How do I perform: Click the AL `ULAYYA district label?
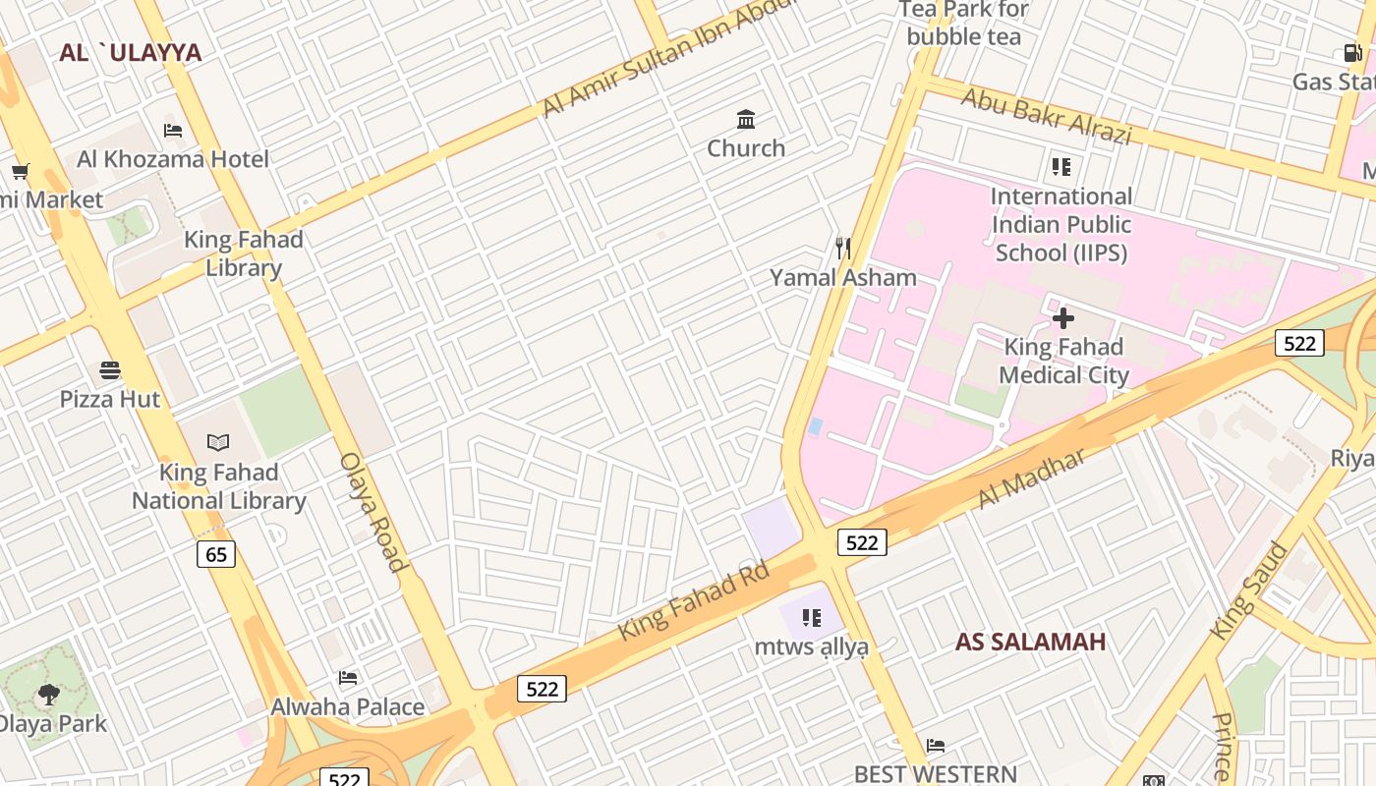[x=130, y=53]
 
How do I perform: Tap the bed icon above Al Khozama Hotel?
[x=173, y=130]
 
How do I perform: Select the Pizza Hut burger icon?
[x=110, y=370]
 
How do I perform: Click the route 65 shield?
[x=216, y=554]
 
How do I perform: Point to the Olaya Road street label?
[x=373, y=511]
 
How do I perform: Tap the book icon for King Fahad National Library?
[x=218, y=443]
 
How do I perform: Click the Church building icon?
[x=746, y=120]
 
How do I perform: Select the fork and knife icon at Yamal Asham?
[x=842, y=248]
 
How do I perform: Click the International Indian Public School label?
[x=1061, y=224]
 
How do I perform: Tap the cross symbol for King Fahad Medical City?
[x=1062, y=318]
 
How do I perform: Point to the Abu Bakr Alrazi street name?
[x=1046, y=116]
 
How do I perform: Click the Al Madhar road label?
[x=1031, y=479]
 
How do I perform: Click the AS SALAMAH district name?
[x=1030, y=642]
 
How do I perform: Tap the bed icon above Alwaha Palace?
[x=347, y=678]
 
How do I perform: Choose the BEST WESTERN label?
[x=935, y=774]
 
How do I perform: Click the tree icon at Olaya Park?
[x=48, y=696]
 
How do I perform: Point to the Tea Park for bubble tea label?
[x=963, y=24]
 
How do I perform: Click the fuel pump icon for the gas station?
[x=1352, y=53]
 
